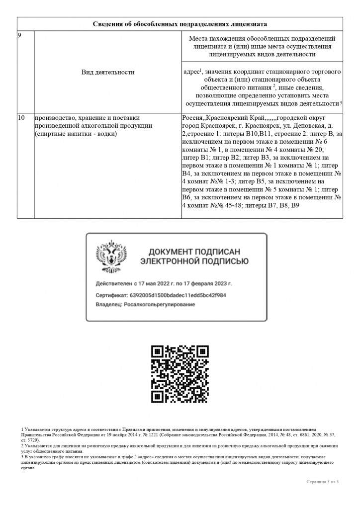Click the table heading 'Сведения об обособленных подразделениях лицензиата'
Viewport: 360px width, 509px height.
180,24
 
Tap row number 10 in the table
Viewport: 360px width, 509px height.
21,118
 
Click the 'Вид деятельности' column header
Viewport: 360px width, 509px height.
108,72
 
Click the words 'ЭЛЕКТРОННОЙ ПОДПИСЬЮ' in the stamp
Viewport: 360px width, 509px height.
194,261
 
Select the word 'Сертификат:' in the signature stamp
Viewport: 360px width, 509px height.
111,295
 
